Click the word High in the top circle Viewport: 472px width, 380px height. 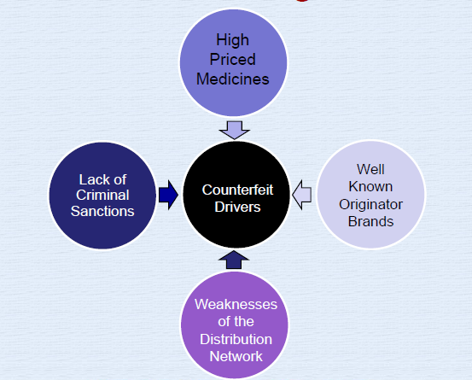[233, 40]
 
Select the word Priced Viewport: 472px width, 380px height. [233, 59]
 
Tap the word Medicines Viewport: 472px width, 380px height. [233, 79]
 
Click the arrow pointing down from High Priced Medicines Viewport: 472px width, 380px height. [235, 130]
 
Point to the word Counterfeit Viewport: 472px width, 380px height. [237, 190]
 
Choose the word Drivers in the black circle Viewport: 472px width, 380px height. [237, 207]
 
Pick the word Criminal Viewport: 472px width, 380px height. [102, 195]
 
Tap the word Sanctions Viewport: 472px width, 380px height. [102, 211]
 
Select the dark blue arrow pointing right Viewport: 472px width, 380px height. [169, 195]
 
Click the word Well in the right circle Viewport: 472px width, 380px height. [370, 169]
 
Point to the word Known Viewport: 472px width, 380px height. [370, 187]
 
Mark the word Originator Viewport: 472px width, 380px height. [370, 204]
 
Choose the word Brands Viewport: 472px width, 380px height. [370, 222]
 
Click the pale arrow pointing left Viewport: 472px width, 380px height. [301, 195]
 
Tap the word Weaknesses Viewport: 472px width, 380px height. [236, 304]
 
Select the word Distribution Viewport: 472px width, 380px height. [236, 339]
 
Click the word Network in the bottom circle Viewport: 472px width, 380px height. [236, 356]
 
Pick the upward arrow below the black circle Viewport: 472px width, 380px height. [234, 260]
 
